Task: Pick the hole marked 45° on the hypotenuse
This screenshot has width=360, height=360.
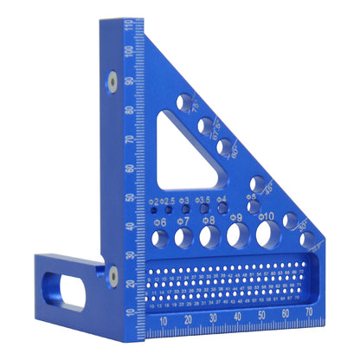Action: coord(258,183)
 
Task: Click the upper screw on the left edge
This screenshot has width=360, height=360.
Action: coord(112,80)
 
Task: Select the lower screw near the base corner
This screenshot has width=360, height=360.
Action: coord(112,275)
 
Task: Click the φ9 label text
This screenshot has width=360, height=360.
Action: coord(237,217)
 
